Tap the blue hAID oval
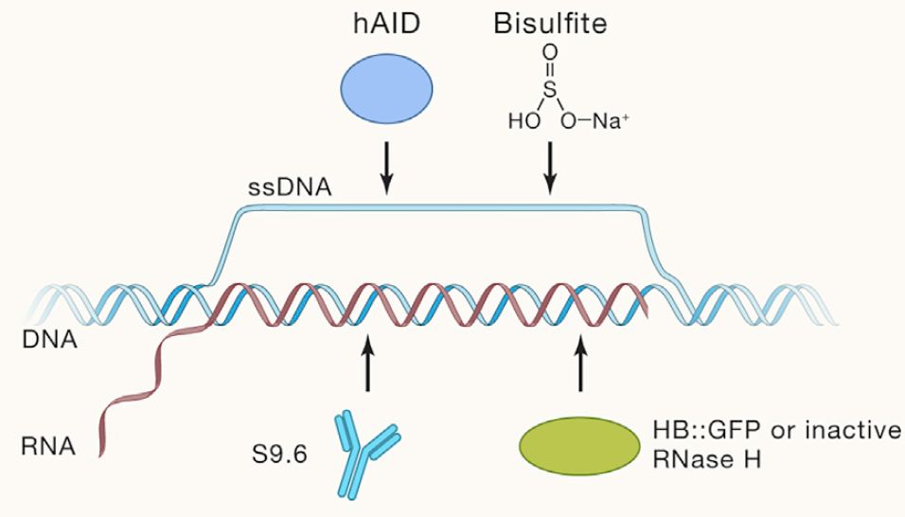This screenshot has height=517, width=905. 386,89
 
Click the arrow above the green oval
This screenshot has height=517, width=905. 580,367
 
